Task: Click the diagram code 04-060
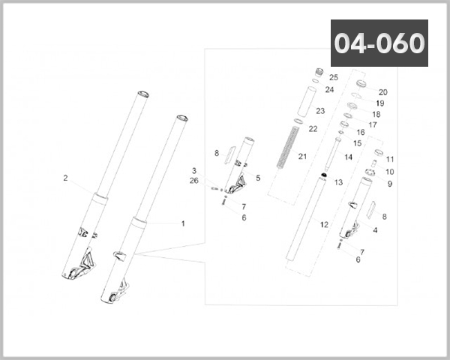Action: pos(379,43)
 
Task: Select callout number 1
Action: pos(182,223)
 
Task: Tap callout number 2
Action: pos(65,178)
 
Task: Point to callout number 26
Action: pos(194,180)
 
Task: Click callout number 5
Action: pos(258,178)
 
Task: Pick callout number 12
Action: pos(324,224)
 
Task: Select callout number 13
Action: pos(338,182)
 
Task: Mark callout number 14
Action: pos(348,157)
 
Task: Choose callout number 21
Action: pos(303,156)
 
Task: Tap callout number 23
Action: pos(319,110)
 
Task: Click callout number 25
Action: pos(334,78)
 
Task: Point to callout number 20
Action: pos(382,91)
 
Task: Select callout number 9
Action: pos(390,184)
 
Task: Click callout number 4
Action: pos(375,230)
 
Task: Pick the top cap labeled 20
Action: pos(359,82)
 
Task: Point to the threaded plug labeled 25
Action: pos(318,73)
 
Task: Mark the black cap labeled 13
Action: pos(322,175)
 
